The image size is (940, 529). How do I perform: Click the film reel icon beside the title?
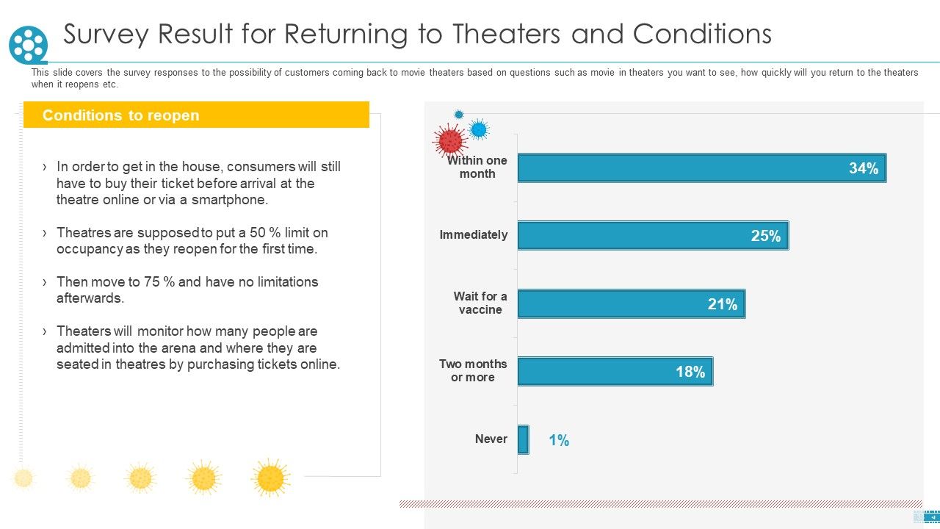[x=28, y=45]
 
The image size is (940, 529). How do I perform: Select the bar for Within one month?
[x=702, y=168]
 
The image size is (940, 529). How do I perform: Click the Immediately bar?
[x=654, y=236]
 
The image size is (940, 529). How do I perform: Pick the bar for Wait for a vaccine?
[x=632, y=303]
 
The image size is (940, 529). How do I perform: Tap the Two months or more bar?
[x=615, y=372]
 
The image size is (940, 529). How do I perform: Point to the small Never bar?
[x=524, y=439]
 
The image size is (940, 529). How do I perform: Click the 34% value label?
[x=864, y=168]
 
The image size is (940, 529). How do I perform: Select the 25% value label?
[x=766, y=236]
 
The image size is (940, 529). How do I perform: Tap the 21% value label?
[x=722, y=304]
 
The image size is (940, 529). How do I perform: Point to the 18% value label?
[x=690, y=372]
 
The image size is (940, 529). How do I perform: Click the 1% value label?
[x=559, y=440]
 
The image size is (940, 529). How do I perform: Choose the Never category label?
[x=491, y=439]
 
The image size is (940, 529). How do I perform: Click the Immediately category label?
[x=474, y=234]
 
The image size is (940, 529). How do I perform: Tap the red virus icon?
[x=450, y=140]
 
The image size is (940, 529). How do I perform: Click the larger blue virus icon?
[x=478, y=129]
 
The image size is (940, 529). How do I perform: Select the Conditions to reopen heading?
[x=121, y=115]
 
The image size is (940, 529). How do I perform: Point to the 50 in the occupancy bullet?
[x=258, y=233]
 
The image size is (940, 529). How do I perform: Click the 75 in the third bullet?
[x=152, y=281]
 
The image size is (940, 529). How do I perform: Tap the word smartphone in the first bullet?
[x=230, y=200]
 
